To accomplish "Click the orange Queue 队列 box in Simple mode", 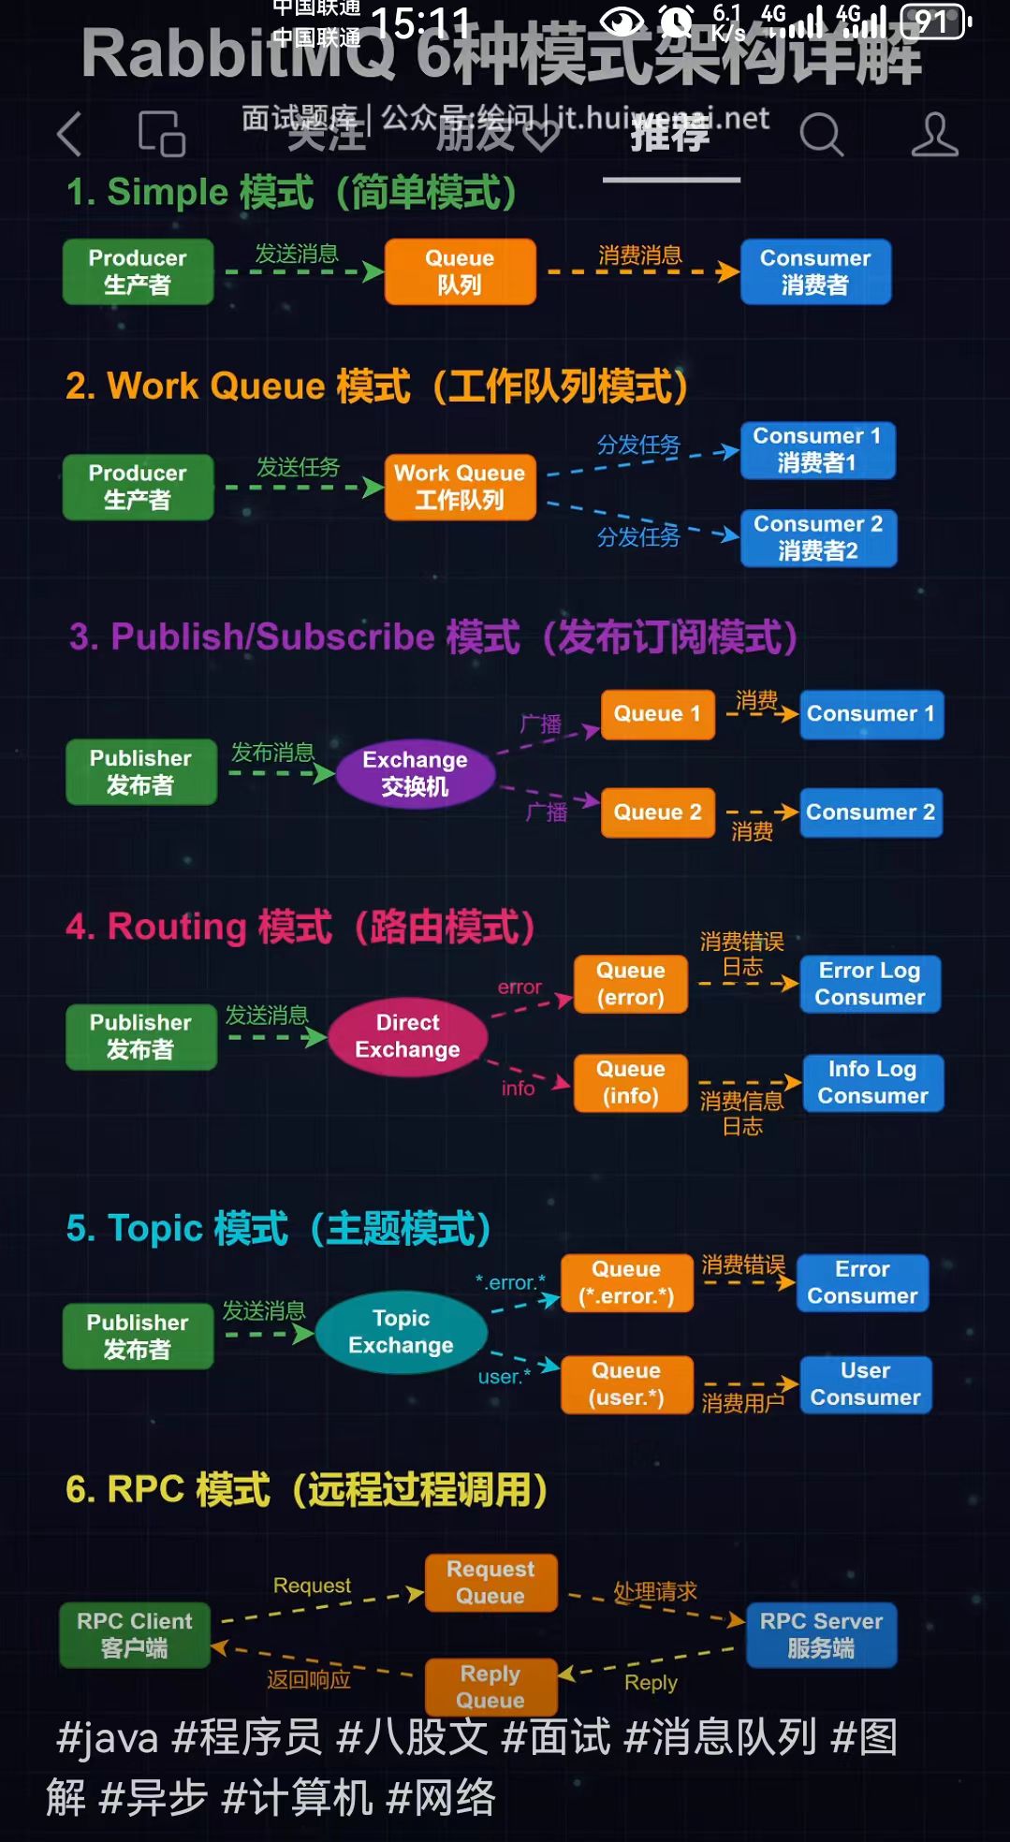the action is (x=460, y=271).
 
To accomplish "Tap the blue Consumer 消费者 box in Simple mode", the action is (x=814, y=271).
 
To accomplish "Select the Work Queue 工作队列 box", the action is (x=460, y=487).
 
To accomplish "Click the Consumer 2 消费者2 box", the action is (x=818, y=537).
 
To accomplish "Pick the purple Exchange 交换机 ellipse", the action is (x=415, y=773).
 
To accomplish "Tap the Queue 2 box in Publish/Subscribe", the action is (x=657, y=811).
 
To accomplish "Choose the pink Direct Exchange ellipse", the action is (x=407, y=1036).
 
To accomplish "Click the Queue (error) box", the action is (x=631, y=984).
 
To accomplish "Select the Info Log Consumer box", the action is (x=872, y=1082).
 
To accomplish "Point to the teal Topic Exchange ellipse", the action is (x=401, y=1332).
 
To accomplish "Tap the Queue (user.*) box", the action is (x=626, y=1383).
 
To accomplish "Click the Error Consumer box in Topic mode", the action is (x=862, y=1282).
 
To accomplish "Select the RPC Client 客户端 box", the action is (x=135, y=1634).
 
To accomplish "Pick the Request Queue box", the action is (x=490, y=1582).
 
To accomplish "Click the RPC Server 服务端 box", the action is (x=821, y=1634).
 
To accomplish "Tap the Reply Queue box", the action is (x=490, y=1687).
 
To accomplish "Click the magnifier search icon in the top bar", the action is (x=821, y=135).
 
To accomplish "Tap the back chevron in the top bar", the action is (x=69, y=134).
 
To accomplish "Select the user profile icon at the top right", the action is (x=934, y=135).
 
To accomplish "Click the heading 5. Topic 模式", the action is (x=278, y=1228).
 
